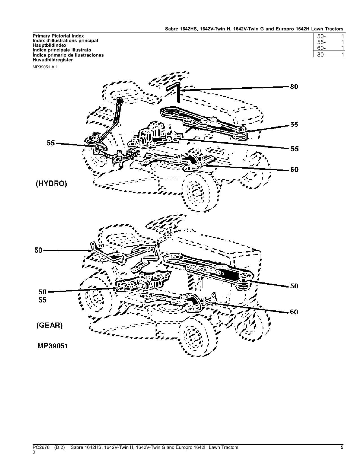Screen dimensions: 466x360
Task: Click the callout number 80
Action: (x=294, y=87)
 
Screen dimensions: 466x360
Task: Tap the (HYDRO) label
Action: (x=51, y=184)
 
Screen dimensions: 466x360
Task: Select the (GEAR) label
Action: (x=49, y=325)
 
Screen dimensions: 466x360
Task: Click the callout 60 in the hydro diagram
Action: (x=294, y=170)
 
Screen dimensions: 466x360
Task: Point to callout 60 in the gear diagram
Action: (x=294, y=312)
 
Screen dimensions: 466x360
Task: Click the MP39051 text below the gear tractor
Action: (x=53, y=346)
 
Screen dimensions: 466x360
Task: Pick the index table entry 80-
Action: (x=321, y=55)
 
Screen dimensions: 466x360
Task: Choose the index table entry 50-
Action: (x=321, y=36)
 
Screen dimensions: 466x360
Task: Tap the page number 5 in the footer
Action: (x=342, y=447)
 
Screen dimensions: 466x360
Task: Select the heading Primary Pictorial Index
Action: (x=58, y=36)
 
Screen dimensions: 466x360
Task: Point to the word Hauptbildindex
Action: (x=50, y=45)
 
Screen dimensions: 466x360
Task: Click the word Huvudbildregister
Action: (x=53, y=60)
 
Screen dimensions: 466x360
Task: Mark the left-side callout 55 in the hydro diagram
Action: (x=51, y=143)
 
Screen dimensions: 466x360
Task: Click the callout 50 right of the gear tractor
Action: (x=294, y=286)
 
